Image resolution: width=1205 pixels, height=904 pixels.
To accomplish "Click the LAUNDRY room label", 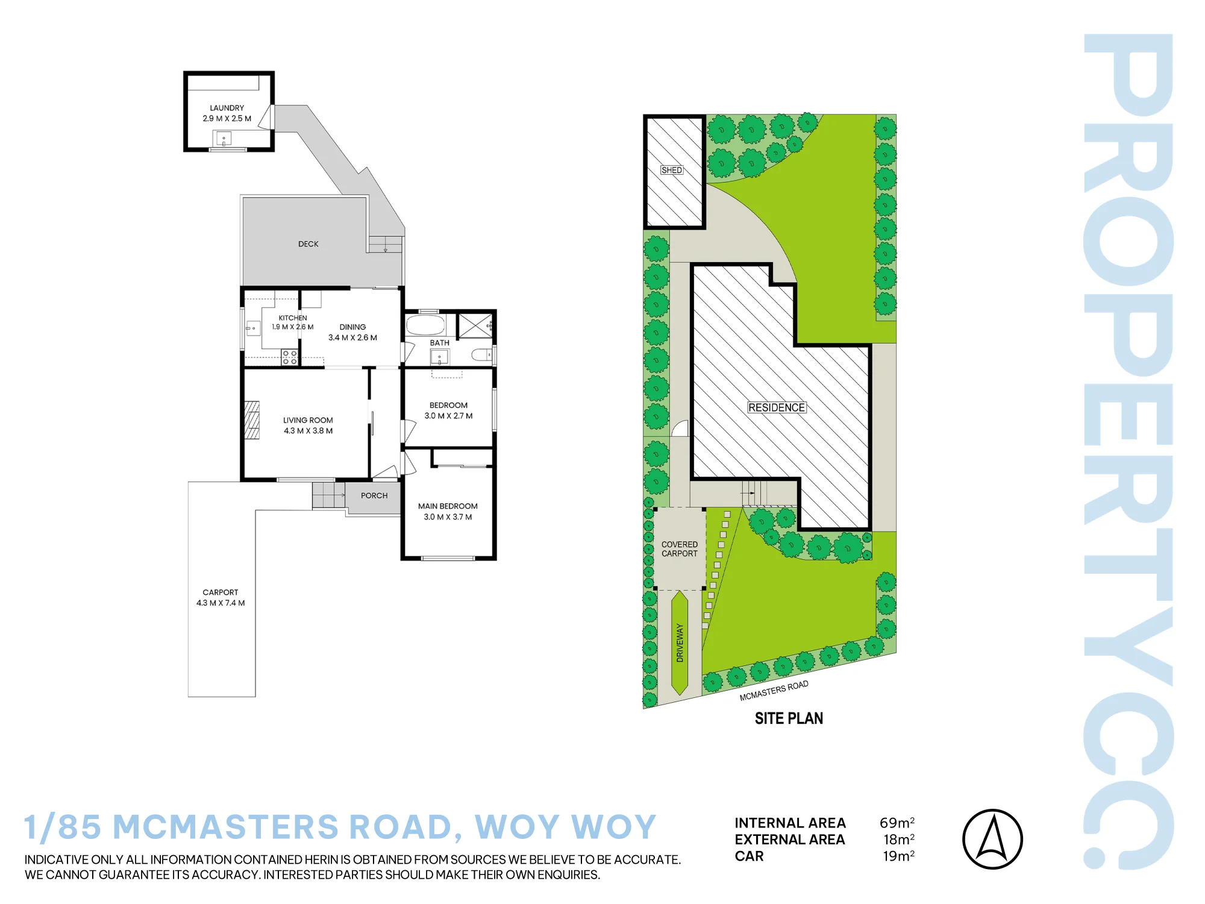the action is click(227, 108).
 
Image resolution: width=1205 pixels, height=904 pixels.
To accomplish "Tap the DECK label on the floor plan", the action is click(308, 244).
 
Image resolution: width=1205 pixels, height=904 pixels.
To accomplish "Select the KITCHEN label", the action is click(293, 318).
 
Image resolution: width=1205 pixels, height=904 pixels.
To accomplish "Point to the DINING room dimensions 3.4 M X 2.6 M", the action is click(352, 337).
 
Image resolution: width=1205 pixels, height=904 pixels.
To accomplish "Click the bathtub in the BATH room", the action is click(425, 325).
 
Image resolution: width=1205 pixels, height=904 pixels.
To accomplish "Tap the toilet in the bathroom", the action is click(483, 355).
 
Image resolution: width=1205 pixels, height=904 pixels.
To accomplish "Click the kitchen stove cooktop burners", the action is click(290, 357).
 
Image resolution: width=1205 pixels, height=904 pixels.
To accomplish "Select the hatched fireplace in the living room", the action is click(252, 420).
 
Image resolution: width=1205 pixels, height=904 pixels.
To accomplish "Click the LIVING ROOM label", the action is click(308, 420).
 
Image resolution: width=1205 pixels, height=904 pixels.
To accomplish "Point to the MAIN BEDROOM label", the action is click(448, 506).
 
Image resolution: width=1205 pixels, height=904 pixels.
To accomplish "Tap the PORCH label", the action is click(374, 495).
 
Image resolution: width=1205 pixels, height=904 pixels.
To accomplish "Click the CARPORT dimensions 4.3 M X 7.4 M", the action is click(221, 603).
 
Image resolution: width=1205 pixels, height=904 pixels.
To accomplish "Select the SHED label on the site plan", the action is click(672, 170).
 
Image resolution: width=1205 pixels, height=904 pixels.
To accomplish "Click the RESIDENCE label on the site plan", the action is click(777, 407).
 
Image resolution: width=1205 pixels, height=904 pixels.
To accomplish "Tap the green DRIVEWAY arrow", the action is click(680, 643).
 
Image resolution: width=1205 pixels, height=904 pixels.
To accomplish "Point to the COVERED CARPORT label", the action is click(680, 549).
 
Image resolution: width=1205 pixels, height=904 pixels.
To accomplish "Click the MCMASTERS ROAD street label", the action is click(774, 691).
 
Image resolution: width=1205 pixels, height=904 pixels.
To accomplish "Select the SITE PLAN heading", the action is click(789, 718).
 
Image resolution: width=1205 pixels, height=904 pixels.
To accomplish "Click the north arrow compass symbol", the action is click(992, 839).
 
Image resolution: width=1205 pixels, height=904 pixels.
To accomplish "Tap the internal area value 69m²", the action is click(897, 823).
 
